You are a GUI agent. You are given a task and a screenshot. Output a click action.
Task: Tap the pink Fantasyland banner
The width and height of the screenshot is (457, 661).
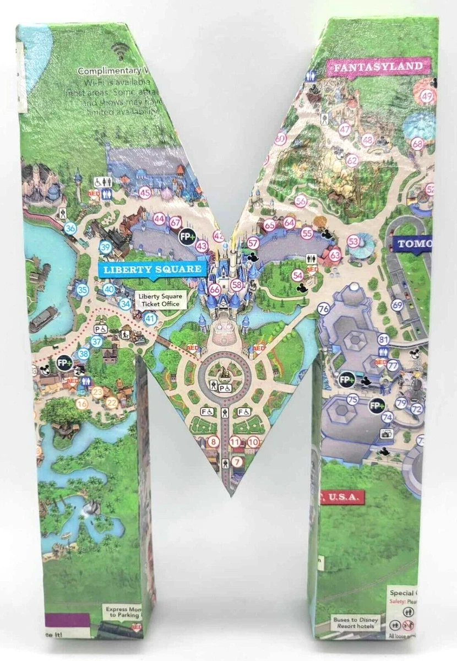377,67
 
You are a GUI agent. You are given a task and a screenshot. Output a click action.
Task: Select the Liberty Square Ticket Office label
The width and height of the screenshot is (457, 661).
159,300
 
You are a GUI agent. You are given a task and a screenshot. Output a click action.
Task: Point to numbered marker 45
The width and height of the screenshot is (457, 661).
145,193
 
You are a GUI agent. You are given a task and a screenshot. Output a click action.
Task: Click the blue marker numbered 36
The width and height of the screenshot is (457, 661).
70,229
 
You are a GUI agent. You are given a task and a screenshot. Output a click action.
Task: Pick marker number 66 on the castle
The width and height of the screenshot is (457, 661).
215,289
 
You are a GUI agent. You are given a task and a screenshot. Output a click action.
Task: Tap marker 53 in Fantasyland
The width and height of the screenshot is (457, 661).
353,241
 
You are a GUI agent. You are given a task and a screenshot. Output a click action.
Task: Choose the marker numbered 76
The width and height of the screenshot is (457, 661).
324,308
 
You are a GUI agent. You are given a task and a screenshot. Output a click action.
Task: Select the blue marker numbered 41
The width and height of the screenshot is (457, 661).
149,318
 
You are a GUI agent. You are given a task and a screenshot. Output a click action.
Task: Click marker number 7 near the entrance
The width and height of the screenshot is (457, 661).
237,462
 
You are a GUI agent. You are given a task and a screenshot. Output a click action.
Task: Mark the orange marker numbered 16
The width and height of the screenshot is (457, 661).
83,403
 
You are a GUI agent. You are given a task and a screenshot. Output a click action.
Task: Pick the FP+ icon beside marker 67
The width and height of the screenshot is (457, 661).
187,236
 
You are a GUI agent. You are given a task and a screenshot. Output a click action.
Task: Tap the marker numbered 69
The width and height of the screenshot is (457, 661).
398,305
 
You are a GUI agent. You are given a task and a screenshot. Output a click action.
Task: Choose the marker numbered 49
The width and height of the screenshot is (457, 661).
427,96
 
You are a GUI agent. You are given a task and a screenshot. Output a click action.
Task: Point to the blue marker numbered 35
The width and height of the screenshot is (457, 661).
83,290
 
